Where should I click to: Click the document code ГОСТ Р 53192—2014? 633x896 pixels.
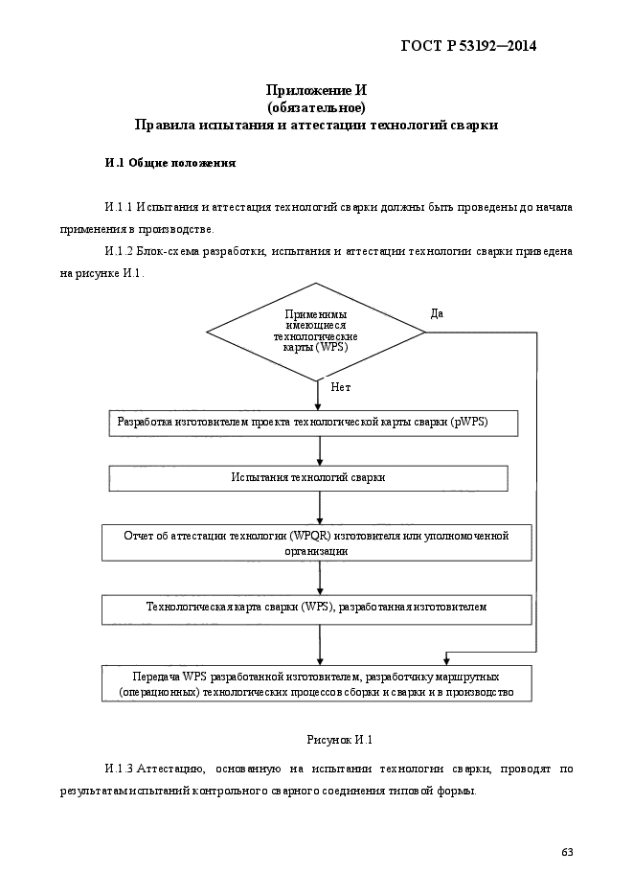tap(468, 46)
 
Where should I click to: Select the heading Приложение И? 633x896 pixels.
tap(316, 90)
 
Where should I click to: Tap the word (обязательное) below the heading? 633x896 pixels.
tap(316, 107)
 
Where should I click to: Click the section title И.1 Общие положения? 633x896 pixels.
tap(170, 164)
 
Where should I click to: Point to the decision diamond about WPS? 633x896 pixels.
tap(316, 332)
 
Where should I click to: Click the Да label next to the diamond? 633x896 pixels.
tap(437, 313)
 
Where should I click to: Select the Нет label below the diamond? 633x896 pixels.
tap(340, 387)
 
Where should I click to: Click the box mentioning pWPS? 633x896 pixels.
tap(313, 423)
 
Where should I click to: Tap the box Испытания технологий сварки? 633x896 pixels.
tap(308, 478)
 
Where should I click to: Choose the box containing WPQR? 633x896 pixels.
tap(317, 542)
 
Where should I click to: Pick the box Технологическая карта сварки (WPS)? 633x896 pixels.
tap(317, 609)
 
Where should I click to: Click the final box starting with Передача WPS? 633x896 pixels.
tap(317, 683)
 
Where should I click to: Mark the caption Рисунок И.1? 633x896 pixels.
tap(340, 740)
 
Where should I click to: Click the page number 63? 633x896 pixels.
tap(567, 853)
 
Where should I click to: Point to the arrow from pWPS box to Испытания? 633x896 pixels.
tap(319, 450)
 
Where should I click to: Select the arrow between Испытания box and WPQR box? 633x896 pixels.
tap(319, 508)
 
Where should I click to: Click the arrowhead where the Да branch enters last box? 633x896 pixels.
tap(447, 660)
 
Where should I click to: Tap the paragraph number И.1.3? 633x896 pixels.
tap(120, 770)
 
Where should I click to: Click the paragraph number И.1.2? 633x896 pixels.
tap(120, 251)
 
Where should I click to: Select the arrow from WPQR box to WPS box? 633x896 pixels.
tap(319, 578)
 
